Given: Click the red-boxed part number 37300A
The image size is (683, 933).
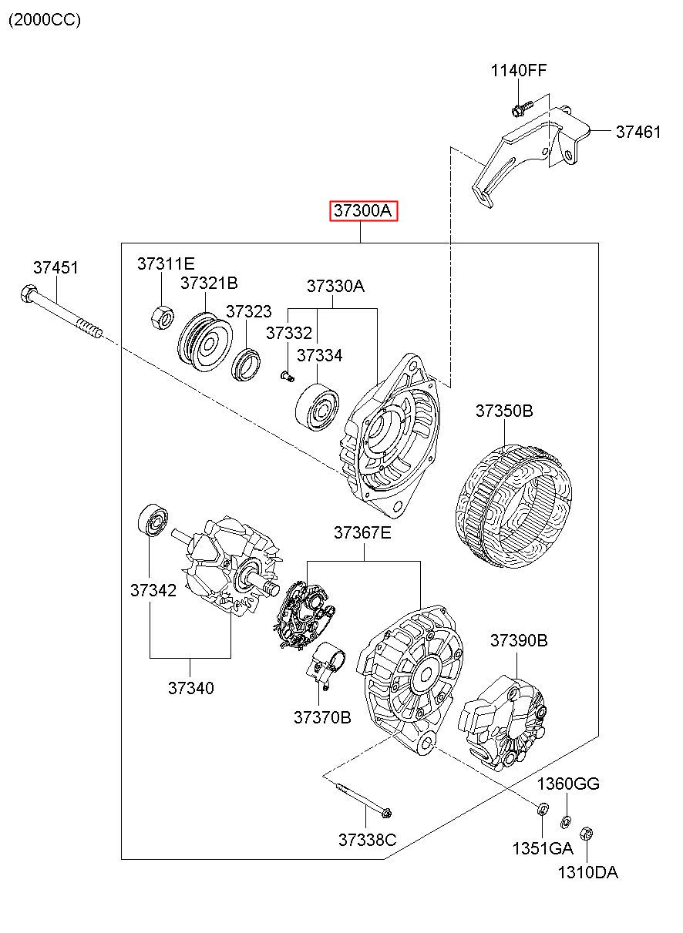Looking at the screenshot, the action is tap(363, 210).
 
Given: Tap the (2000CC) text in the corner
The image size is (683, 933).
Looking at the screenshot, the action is tap(45, 20).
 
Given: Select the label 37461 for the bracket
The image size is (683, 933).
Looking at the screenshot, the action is tap(638, 132).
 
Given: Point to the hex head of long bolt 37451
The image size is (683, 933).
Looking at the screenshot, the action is tap(28, 294).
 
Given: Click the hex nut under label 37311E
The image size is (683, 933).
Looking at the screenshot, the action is tap(162, 317).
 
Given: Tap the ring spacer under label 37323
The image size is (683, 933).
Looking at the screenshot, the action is tap(246, 365).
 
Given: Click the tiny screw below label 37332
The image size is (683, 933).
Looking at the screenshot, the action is tap(287, 376).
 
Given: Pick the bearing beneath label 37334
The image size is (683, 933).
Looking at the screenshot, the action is tap(317, 407).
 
